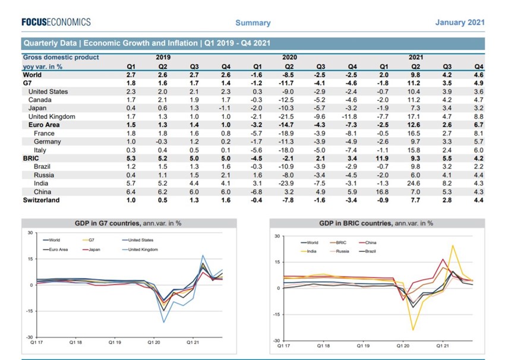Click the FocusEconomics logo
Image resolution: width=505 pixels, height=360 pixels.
(x=56, y=22)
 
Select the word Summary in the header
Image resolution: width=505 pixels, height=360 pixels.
(x=252, y=23)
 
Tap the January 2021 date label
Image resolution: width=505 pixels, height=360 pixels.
(x=460, y=23)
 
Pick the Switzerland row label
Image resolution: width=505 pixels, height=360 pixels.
(x=41, y=200)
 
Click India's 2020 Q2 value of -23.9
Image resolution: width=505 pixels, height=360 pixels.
(x=288, y=184)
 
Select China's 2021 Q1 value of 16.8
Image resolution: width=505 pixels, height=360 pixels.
(x=383, y=192)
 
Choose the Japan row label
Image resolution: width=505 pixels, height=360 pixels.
(x=38, y=109)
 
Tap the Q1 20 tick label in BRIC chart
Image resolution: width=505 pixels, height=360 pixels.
(x=402, y=345)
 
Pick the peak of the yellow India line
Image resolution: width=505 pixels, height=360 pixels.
(x=453, y=245)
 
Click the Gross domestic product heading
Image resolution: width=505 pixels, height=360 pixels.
(x=61, y=58)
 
